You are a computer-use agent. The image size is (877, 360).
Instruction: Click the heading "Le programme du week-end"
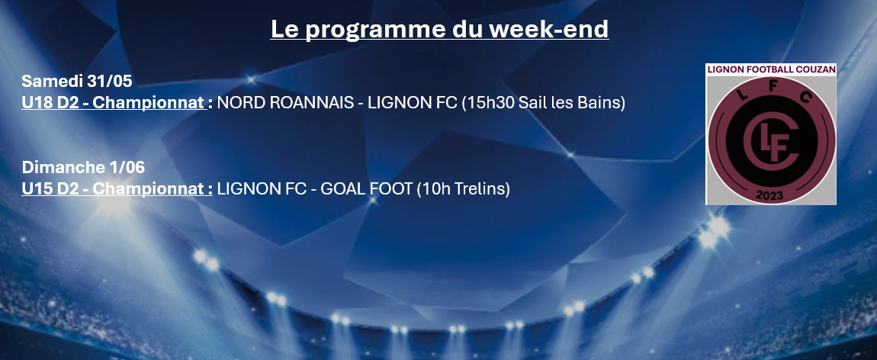point(439,29)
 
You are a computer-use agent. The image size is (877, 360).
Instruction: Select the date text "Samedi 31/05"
point(76,81)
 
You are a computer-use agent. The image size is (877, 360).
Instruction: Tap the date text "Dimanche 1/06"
point(83,167)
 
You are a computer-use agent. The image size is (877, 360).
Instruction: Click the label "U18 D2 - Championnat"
point(114,103)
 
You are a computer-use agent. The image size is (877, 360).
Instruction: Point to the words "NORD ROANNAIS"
point(285,103)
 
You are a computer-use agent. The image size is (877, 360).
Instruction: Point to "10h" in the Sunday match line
point(433,189)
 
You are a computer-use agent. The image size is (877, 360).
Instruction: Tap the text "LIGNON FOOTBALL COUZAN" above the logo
point(771,69)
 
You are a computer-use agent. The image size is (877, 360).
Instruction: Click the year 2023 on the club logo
point(769,195)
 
